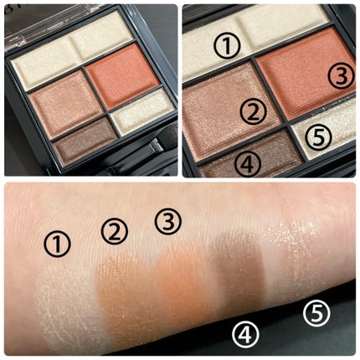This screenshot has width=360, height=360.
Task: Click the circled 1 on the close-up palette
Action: click(x=228, y=46)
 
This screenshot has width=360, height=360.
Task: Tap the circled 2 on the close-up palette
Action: click(x=254, y=111)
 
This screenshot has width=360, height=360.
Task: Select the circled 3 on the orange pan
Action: click(x=341, y=75)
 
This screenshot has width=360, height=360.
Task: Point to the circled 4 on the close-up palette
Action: click(x=248, y=164)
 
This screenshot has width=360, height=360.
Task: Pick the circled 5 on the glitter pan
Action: click(x=318, y=137)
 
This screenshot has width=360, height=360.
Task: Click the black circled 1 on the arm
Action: click(x=57, y=244)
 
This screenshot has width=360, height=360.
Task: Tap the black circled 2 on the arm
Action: click(x=115, y=232)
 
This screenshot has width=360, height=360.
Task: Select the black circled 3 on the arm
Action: click(x=168, y=222)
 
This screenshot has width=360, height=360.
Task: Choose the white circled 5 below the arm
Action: click(x=316, y=313)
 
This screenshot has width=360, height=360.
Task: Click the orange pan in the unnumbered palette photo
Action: click(x=123, y=75)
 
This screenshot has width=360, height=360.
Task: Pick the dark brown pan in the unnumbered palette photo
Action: click(x=86, y=144)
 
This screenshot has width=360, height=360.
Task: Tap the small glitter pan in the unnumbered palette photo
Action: click(x=143, y=111)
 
